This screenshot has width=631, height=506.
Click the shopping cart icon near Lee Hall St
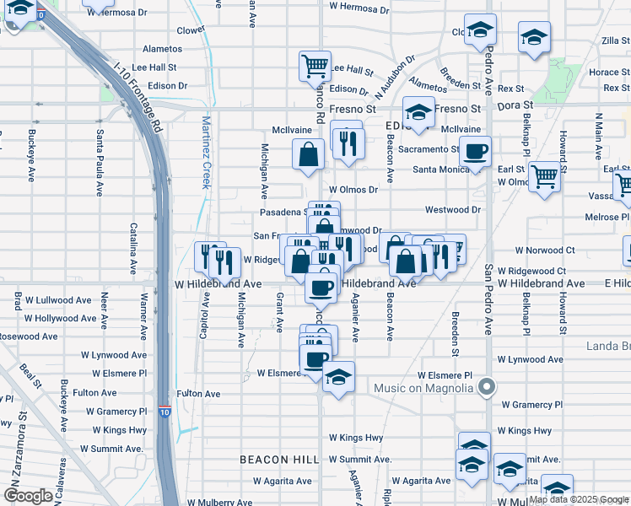(x=314, y=65)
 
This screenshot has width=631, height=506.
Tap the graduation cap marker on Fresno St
(x=418, y=111)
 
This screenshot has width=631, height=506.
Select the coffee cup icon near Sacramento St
(x=475, y=153)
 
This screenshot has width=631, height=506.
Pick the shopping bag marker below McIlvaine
(x=309, y=155)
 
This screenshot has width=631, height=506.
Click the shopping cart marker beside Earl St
(x=545, y=177)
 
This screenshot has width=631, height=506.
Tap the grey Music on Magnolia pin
(x=486, y=388)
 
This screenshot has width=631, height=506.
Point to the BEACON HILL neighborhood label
(x=278, y=460)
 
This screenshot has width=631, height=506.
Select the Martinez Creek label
(x=205, y=152)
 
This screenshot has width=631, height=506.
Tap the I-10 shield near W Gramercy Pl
(x=164, y=412)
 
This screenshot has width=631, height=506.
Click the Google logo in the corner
(x=28, y=496)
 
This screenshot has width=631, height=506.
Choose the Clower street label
(x=191, y=30)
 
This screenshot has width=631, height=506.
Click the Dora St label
(x=510, y=108)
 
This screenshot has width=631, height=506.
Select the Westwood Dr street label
(x=452, y=209)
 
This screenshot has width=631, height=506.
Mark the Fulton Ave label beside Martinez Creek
(x=198, y=394)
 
